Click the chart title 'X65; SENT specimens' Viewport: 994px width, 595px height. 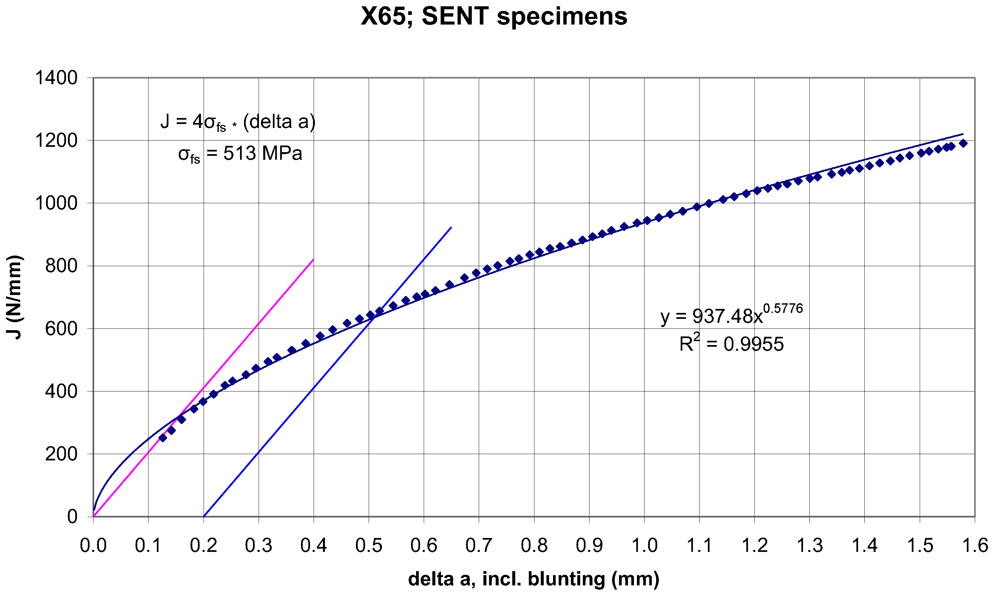[494, 17]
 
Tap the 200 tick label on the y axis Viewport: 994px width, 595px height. [61, 454]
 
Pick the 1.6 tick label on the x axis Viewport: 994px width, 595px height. [974, 545]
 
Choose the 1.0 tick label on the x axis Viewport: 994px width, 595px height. [644, 545]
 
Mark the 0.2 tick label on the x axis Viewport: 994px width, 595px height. [204, 545]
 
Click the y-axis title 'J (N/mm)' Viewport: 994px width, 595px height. [15, 297]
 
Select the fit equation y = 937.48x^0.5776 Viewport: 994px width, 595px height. [731, 315]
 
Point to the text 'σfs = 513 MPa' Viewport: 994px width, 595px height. [240, 154]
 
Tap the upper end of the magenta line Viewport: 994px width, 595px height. [313, 260]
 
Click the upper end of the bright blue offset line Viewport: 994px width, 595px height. [452, 227]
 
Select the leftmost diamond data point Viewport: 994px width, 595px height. [162, 438]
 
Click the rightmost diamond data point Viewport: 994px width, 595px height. [963, 144]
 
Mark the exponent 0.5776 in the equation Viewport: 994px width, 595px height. [783, 308]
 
